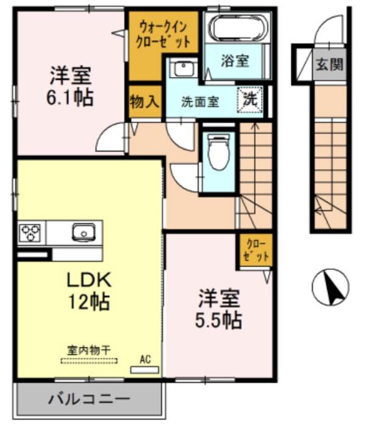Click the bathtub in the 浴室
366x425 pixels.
click(x=236, y=27)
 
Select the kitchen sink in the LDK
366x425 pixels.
click(x=82, y=232)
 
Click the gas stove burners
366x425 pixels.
click(x=30, y=233)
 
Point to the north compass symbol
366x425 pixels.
click(x=330, y=287)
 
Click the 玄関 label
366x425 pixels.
click(x=329, y=64)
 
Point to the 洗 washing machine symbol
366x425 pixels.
click(x=252, y=100)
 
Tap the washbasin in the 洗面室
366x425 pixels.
click(x=181, y=68)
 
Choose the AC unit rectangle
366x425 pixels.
click(x=145, y=369)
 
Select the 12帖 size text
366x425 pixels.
click(x=88, y=301)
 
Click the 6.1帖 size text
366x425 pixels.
click(x=71, y=98)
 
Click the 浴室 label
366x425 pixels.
click(x=235, y=61)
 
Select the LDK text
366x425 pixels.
click(x=88, y=280)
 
